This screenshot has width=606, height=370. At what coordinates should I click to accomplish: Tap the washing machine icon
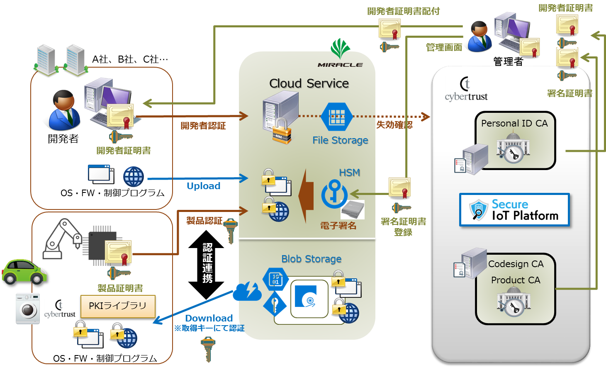coord(28,309)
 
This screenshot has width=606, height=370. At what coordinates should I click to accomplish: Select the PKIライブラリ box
coord(118,306)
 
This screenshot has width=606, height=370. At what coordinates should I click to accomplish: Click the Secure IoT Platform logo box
coord(514,210)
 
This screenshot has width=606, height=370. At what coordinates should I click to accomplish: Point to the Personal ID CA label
coord(514,123)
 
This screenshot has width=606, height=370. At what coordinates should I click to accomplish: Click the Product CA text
coord(516,280)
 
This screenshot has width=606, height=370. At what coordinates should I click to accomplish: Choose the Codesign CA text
coord(516,264)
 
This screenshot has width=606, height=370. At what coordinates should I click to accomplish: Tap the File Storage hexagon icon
coord(337,117)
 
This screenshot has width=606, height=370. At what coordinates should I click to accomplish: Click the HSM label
coord(349,173)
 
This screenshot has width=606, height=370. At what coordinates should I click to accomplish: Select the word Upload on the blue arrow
coord(203,186)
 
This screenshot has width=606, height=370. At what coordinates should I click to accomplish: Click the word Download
coord(209,318)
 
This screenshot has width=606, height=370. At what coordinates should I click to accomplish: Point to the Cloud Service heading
coord(309,83)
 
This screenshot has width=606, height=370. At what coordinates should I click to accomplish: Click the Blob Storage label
coord(311,259)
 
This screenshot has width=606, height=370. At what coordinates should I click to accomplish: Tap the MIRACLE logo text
coord(340,65)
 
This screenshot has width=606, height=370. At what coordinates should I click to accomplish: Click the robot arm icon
coord(62,239)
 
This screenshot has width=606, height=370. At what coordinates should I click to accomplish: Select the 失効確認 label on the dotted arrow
coord(394,124)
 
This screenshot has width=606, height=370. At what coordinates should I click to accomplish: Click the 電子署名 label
coord(338,226)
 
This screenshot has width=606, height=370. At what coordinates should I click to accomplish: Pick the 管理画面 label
coord(444,48)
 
